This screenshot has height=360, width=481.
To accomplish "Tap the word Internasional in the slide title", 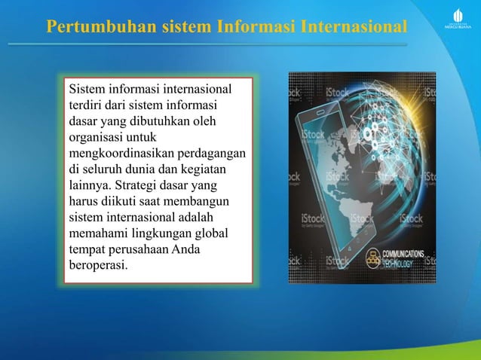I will click(354, 27).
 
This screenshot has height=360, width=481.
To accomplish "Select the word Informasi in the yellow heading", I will click(255, 27).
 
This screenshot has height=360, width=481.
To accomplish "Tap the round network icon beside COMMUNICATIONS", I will click(372, 258).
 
